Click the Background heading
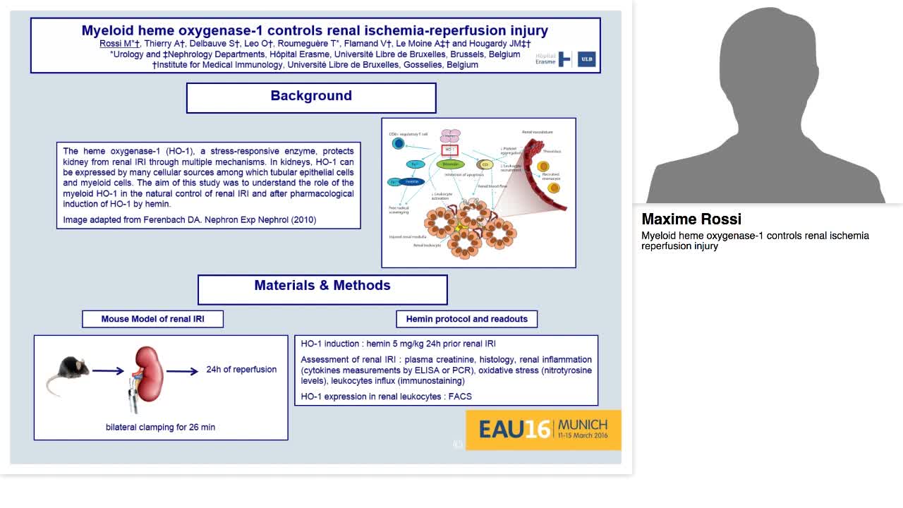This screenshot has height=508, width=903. pyautogui.click(x=311, y=96)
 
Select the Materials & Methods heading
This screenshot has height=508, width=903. pyautogui.click(x=322, y=286)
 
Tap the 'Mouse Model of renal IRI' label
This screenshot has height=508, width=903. pyautogui.click(x=152, y=319)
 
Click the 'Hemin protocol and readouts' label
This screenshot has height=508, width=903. pyautogui.click(x=466, y=319)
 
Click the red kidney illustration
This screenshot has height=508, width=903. pyautogui.click(x=150, y=371)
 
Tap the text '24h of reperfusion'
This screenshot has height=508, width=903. pyautogui.click(x=241, y=370)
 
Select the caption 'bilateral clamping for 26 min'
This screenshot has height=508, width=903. pyautogui.click(x=160, y=427)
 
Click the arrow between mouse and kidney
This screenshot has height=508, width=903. pyautogui.click(x=108, y=370)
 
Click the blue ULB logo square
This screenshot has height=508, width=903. pyautogui.click(x=586, y=59)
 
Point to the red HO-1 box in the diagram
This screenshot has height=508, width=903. pyautogui.click(x=450, y=150)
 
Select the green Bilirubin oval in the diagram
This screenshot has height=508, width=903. pyautogui.click(x=450, y=164)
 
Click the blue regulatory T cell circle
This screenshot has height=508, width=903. pyautogui.click(x=399, y=144)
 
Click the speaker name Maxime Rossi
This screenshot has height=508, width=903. pyautogui.click(x=691, y=219)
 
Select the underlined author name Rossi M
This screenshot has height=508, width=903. pyautogui.click(x=114, y=44)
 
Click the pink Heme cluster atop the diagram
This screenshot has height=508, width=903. pyautogui.click(x=450, y=135)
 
